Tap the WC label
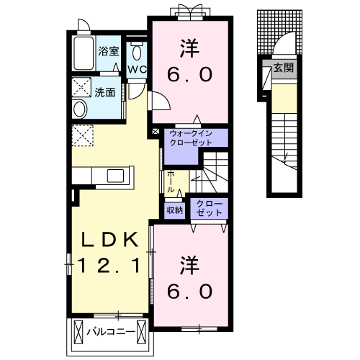pos(137,70)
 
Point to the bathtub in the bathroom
pos(84,52)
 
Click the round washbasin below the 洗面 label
pos(80,109)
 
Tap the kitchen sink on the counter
pos(115,175)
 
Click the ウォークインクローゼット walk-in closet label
pos(191,138)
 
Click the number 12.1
pos(109,266)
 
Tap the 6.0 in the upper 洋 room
pos(191,75)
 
